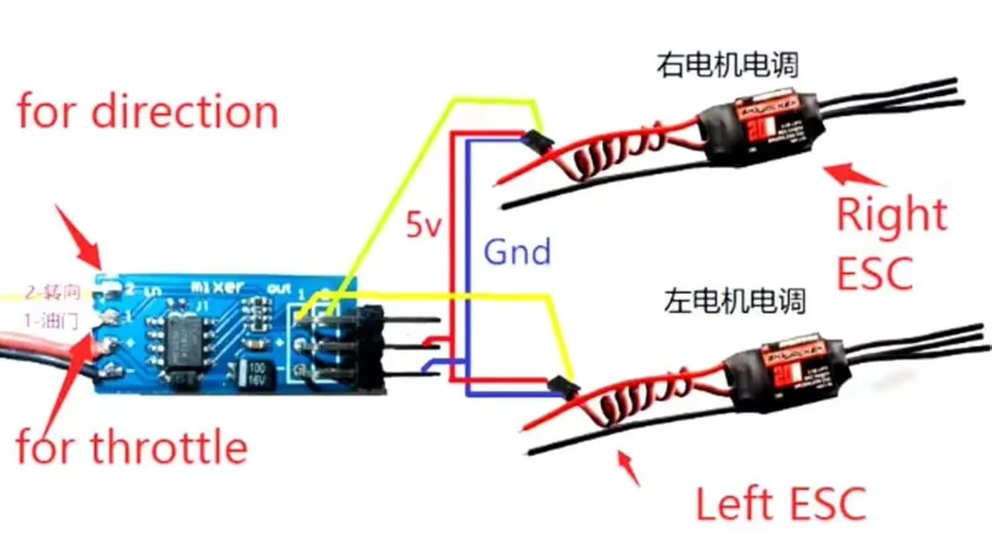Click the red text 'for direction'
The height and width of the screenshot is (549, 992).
point(147,112)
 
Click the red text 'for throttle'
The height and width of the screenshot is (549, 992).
point(132,447)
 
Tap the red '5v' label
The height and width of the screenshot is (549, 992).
point(423,225)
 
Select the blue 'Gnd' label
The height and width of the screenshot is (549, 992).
point(517,252)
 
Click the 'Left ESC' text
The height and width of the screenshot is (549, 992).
point(780,503)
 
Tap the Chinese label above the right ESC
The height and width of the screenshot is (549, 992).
point(727,65)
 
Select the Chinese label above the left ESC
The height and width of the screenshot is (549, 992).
point(735,301)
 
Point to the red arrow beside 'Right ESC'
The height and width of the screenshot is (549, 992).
point(853,175)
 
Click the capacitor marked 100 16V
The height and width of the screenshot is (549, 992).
point(255,374)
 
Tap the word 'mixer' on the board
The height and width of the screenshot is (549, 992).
point(218,287)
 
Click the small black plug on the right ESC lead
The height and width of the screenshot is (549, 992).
point(536,139)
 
